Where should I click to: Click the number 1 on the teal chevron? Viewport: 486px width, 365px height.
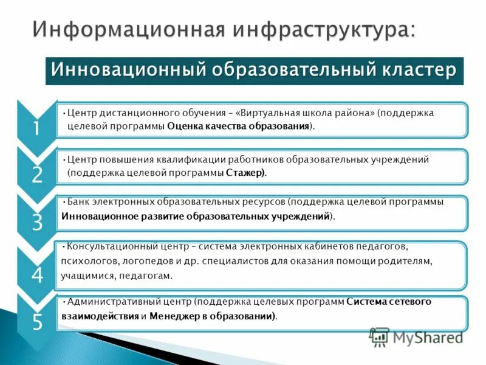click(36, 129)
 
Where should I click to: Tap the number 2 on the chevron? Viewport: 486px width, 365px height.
click(37, 175)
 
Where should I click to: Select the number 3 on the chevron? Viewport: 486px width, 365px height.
click(37, 223)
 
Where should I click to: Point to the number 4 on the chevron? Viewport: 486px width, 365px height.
click(37, 276)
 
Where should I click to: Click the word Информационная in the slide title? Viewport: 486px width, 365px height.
click(127, 30)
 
